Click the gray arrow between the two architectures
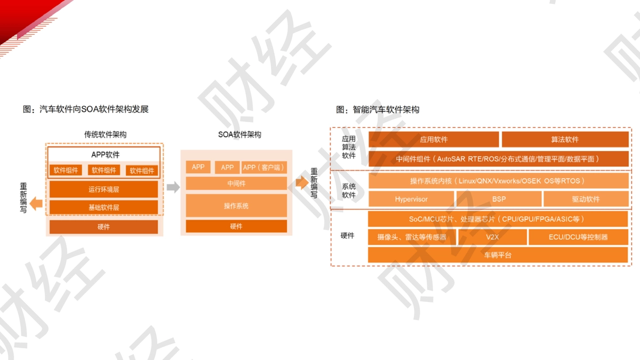tap(173, 187)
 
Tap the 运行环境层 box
tap(103, 189)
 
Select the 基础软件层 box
tap(103, 207)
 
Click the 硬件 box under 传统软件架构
tap(103, 227)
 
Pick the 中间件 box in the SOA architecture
tap(236, 183)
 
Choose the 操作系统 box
tap(236, 206)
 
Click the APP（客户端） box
tap(264, 167)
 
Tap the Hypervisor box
tap(411, 199)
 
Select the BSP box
tap(499, 199)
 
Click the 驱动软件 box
tap(586, 199)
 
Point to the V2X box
tap(492, 237)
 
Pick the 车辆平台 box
tap(498, 255)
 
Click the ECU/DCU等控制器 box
tap(578, 237)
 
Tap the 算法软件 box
tap(565, 139)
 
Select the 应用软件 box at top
tap(434, 139)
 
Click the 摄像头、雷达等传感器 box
tap(412, 237)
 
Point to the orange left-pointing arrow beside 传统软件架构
tap(36, 203)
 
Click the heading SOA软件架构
tap(239, 134)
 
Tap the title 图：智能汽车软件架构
tap(378, 109)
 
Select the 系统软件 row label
tap(349, 190)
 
